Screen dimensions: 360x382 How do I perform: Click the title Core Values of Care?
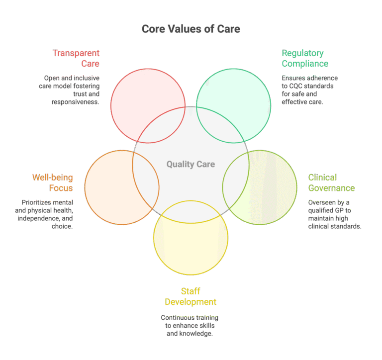pyautogui.click(x=191, y=29)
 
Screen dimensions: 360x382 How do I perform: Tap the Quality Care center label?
pyautogui.click(x=191, y=164)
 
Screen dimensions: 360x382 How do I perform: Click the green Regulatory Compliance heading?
pyautogui.click(x=305, y=58)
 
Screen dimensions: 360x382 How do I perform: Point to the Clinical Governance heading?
pyautogui.click(x=331, y=182)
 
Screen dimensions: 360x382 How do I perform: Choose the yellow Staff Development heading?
pyautogui.click(x=191, y=296)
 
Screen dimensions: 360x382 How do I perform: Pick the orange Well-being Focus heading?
pyautogui.click(x=53, y=182)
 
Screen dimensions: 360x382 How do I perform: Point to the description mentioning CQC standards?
pyautogui.click(x=310, y=90)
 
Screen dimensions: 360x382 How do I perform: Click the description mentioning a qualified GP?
pyautogui.click(x=335, y=214)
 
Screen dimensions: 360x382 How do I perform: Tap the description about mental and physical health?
pyautogui.click(x=48, y=214)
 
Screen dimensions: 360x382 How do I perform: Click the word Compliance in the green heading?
pyautogui.click(x=305, y=64)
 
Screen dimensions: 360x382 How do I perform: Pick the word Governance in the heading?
pyautogui.click(x=331, y=188)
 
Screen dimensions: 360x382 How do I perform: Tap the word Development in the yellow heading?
pyautogui.click(x=191, y=302)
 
